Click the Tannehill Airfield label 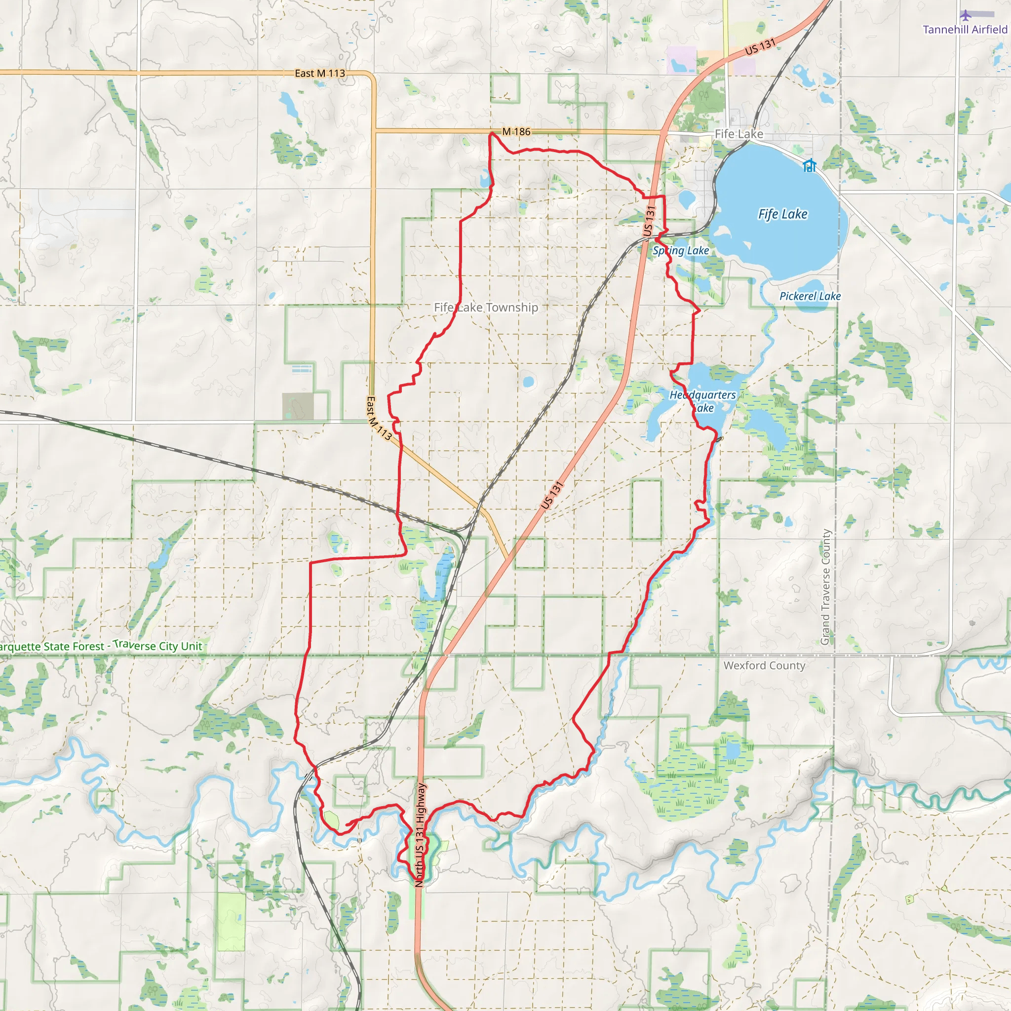click(965, 29)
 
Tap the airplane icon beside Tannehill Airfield click(966, 15)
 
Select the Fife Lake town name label click(739, 134)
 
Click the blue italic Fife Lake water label click(782, 214)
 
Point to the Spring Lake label click(680, 251)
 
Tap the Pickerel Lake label click(810, 296)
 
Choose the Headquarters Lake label click(702, 401)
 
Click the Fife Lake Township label click(486, 308)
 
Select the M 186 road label click(516, 131)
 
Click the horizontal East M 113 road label click(320, 73)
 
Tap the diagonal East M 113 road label click(378, 419)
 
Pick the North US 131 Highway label click(420, 834)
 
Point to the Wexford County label click(764, 665)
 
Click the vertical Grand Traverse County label click(826, 587)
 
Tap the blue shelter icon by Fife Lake click(809, 166)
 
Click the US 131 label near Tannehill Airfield click(760, 47)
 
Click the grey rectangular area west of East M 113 click(298, 406)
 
